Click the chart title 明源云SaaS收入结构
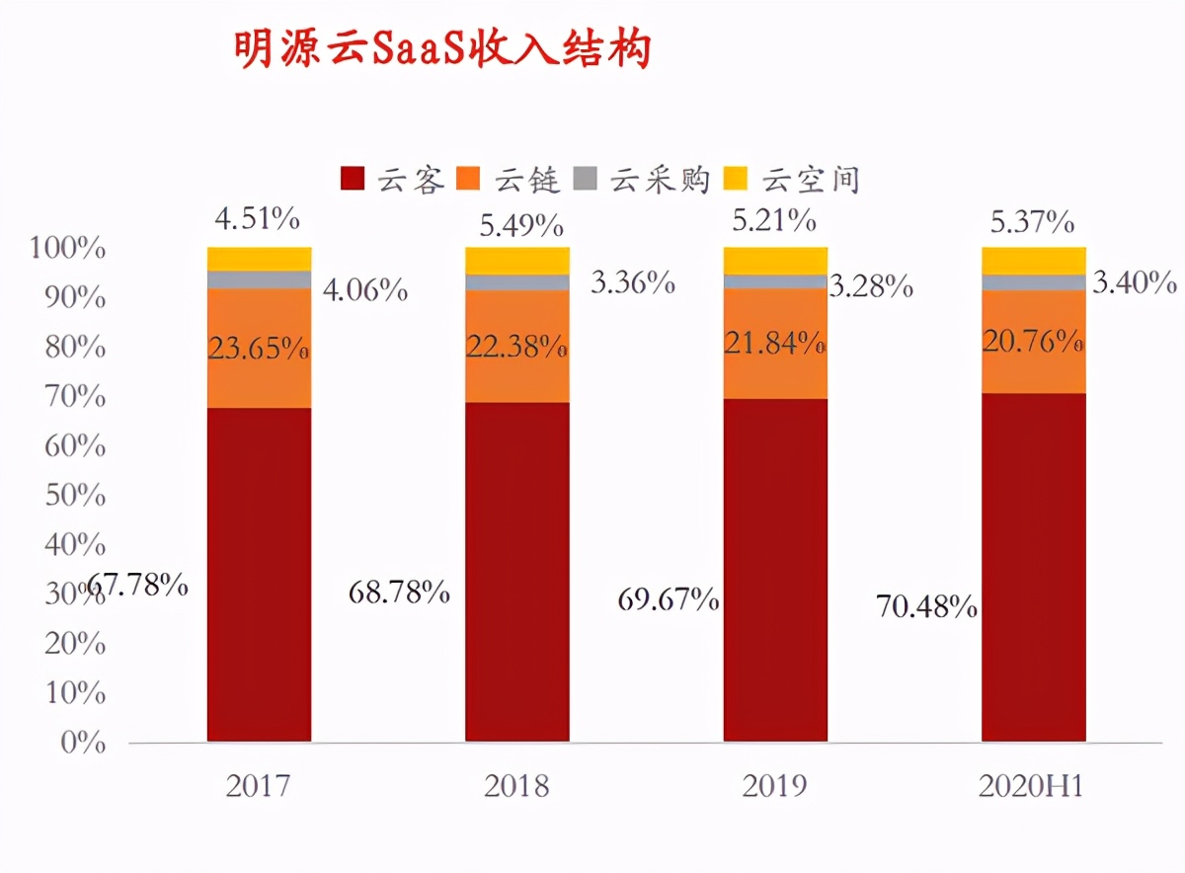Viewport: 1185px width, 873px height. tap(442, 49)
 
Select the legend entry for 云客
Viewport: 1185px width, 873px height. tap(394, 180)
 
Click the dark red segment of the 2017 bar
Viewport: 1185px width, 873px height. tap(259, 573)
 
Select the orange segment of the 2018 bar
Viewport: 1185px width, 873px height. tap(517, 347)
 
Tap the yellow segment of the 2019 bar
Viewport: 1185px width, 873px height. tap(775, 260)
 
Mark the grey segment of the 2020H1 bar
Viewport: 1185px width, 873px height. tap(1033, 282)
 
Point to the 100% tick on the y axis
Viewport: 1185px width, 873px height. tap(68, 249)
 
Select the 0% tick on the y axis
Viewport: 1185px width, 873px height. tap(83, 743)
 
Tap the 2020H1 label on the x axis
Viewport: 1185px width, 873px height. tap(1032, 786)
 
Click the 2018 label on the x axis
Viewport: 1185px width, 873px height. tap(516, 786)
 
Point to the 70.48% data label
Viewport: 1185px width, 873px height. tap(926, 607)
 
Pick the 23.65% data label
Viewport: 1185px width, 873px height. tap(259, 349)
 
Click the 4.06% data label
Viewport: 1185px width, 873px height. tap(364, 290)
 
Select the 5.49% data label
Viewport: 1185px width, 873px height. tap(521, 226)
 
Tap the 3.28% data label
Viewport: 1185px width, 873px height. tap(870, 286)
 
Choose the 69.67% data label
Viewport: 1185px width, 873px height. tap(668, 598)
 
